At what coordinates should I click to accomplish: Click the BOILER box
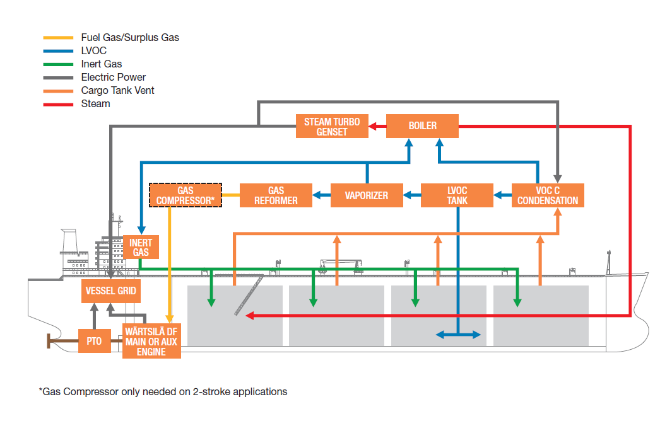point(422,126)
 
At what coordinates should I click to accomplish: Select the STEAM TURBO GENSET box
point(332,126)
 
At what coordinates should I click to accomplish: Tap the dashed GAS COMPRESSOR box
point(186,195)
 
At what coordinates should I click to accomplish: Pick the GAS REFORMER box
point(276,195)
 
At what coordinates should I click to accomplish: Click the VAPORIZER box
point(367,195)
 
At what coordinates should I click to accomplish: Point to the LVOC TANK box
point(457,195)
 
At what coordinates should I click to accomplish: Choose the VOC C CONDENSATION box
point(548,195)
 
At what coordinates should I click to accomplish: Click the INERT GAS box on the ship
point(141,247)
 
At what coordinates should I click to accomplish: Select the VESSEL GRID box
point(110,292)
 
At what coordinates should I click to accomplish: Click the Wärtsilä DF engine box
point(151,341)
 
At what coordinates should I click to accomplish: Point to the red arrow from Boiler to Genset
point(377,126)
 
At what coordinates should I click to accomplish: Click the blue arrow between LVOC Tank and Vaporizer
point(412,195)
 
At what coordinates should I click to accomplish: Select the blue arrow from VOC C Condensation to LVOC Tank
point(502,195)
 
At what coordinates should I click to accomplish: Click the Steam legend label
point(95,103)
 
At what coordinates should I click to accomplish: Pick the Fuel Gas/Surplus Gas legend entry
point(130,37)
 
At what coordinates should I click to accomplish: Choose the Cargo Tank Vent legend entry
point(117,90)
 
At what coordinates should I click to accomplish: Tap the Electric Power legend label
point(114,77)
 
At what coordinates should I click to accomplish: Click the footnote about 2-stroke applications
point(163,391)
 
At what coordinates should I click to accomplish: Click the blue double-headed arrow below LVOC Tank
point(457,335)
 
